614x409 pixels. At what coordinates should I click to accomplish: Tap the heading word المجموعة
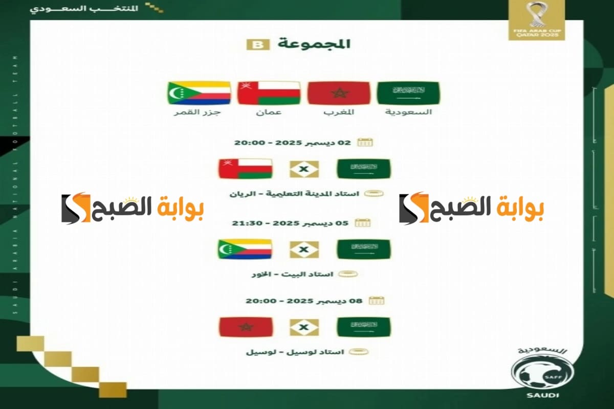[x=314, y=43]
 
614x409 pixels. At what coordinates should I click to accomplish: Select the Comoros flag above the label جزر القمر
[x=199, y=93]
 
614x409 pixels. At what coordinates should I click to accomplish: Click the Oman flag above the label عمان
[x=269, y=93]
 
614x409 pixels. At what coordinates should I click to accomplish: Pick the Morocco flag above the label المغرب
[x=338, y=93]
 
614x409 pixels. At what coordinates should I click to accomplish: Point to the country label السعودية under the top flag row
[x=408, y=111]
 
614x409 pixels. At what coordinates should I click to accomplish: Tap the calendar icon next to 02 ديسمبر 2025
[x=365, y=142]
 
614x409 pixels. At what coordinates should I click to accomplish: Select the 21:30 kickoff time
[x=257, y=223]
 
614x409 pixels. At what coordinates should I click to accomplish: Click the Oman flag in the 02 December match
[x=245, y=169]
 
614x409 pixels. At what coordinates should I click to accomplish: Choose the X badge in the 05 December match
[x=304, y=249]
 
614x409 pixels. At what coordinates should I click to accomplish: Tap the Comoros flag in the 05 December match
[x=245, y=249]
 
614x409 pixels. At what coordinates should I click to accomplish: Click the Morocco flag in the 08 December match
[x=246, y=327]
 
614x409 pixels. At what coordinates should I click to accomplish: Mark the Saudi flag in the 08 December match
[x=363, y=327]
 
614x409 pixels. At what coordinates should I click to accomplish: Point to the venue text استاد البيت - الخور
[x=292, y=275]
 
